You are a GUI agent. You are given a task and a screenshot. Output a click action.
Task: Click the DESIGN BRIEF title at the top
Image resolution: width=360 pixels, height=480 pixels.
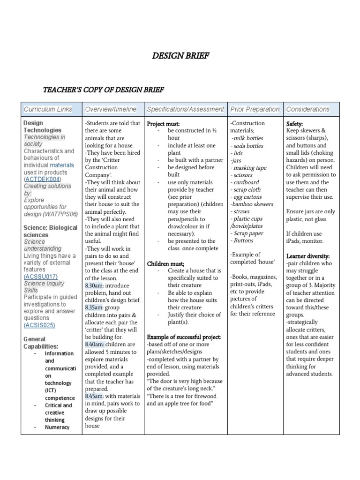[180, 56]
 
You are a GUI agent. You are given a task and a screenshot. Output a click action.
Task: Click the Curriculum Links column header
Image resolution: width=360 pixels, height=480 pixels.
[48, 109]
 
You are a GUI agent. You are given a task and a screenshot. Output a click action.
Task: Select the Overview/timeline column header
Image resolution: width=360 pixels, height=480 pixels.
[111, 109]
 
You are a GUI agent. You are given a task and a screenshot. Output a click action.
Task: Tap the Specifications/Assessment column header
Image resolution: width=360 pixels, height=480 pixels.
[185, 109]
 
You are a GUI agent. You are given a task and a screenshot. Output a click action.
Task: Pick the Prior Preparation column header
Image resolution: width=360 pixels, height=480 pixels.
[255, 109]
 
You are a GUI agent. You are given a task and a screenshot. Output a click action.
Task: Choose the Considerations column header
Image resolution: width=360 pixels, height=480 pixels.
[307, 109]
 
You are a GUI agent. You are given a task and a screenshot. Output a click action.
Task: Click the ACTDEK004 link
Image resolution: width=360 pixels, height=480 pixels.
[43, 179]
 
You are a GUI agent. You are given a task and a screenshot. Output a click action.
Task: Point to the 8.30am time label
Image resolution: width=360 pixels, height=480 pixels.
[95, 285]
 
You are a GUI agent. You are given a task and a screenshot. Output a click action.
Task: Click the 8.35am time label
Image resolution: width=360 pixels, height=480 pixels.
[95, 307]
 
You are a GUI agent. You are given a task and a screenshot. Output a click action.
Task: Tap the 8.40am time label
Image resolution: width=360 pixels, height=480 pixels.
[95, 344]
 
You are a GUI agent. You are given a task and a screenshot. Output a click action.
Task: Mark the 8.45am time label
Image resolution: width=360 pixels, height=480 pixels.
[95, 396]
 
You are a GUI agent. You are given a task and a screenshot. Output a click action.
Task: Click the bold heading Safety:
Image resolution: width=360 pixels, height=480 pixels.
[295, 123]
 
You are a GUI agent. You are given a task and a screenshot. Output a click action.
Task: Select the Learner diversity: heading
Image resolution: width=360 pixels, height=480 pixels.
[308, 256]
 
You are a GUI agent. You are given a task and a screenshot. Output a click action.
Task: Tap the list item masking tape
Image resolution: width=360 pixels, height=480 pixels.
[249, 168]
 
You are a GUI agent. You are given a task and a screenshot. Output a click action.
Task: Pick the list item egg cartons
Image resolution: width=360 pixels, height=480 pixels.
[247, 197]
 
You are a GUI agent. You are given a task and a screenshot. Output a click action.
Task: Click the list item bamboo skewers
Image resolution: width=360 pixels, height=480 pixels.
[252, 204]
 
